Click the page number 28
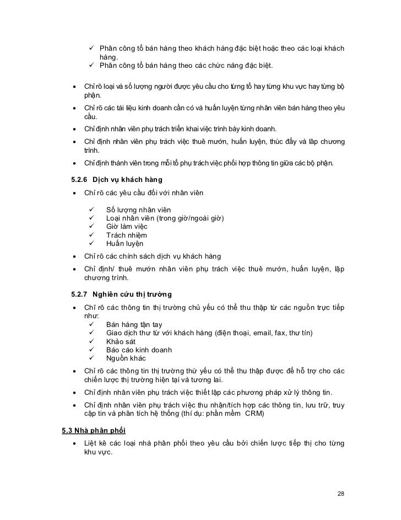coord(340,492)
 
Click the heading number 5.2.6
coord(82,180)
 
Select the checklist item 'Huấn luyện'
coord(124,243)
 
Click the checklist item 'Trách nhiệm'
coord(126,235)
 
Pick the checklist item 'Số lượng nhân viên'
coord(138,210)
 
